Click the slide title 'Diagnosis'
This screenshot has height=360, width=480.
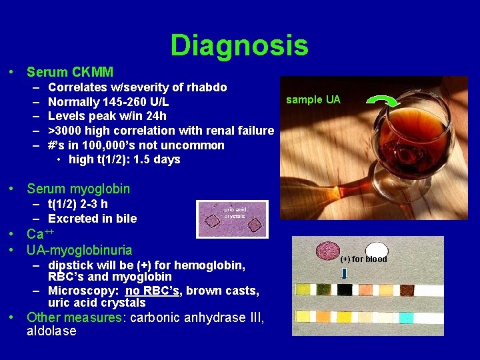coord(239,45)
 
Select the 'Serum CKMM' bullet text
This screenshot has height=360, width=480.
coord(70,72)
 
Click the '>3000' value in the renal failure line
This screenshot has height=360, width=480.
coord(64,131)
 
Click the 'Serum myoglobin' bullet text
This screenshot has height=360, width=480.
coord(78,189)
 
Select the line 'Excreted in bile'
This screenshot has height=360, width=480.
coord(92,219)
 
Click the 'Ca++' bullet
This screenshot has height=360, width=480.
coord(39,234)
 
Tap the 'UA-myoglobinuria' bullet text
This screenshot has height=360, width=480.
coord(79,251)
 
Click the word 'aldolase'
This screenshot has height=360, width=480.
coord(51,331)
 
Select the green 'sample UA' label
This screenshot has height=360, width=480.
coord(313,100)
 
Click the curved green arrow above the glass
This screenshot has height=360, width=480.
coord(383,100)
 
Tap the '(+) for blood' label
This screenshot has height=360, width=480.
coord(363,259)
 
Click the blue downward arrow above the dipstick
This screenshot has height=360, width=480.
coord(344,275)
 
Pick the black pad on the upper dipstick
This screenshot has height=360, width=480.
coord(345,290)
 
